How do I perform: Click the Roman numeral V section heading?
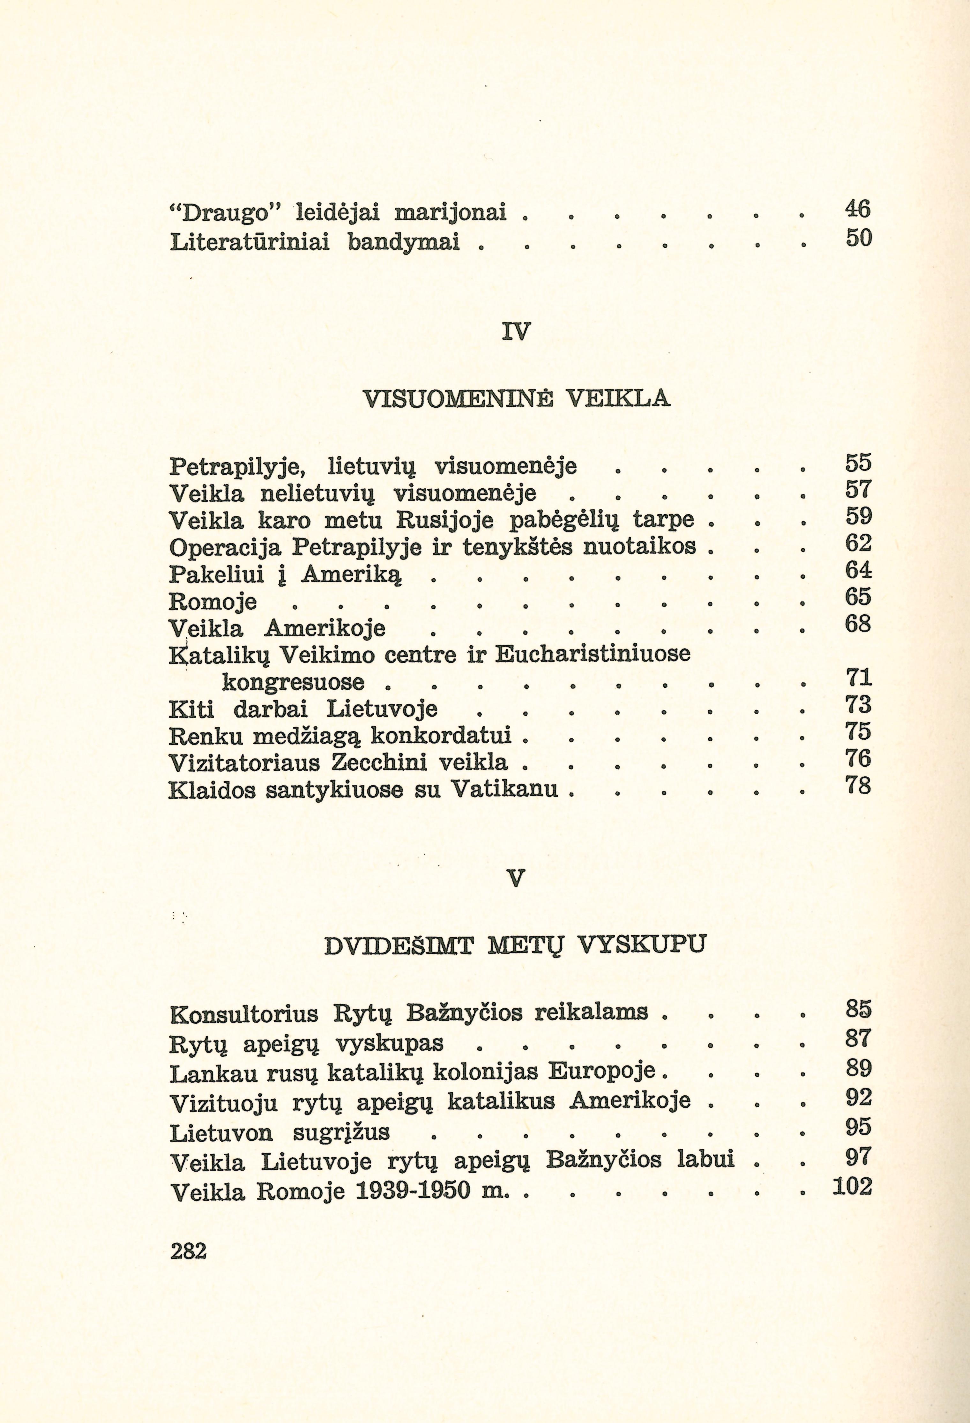pyautogui.click(x=516, y=879)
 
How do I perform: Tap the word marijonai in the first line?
pyautogui.click(x=450, y=212)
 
